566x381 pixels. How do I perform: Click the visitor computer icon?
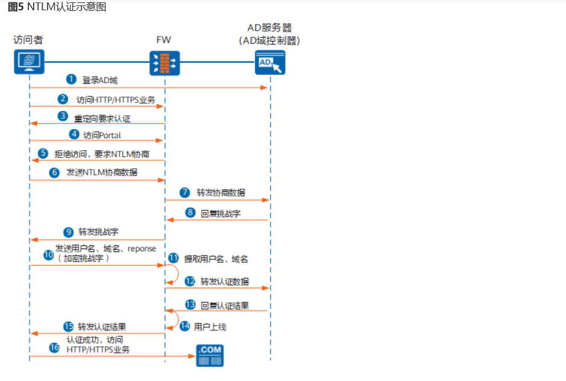[x=29, y=61]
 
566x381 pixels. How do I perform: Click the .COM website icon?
[x=210, y=354]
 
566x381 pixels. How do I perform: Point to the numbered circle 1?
[x=71, y=79]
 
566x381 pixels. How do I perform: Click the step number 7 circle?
[x=186, y=193]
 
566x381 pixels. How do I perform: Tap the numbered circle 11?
[x=174, y=259]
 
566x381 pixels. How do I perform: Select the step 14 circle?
[x=186, y=326]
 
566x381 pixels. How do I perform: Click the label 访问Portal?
[x=102, y=134]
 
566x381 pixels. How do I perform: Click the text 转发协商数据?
[x=221, y=193]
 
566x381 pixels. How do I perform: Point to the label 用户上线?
[x=210, y=326]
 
